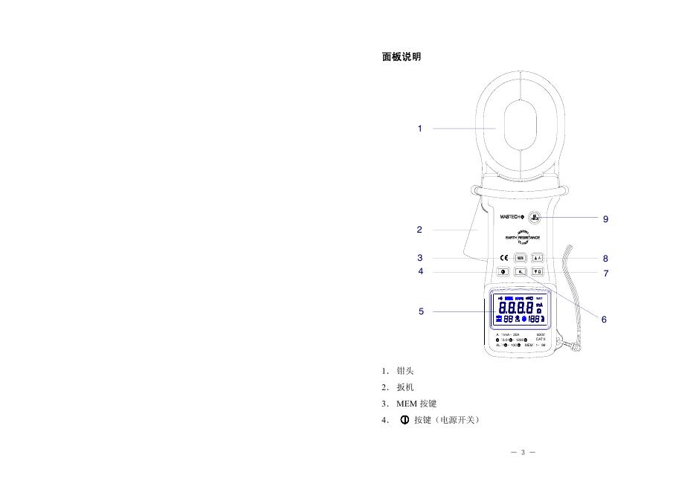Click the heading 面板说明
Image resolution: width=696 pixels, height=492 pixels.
402,56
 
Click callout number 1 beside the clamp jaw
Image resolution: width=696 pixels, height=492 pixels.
419,129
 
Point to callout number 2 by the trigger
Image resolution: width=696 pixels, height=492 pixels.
419,230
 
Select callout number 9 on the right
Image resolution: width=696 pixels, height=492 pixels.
606,219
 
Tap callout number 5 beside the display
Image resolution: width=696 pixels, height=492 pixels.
421,311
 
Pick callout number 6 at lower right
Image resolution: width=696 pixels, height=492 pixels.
604,320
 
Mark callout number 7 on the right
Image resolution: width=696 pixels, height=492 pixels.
606,273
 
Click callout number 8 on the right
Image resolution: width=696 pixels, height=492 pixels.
606,259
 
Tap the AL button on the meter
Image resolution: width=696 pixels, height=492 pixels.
521,272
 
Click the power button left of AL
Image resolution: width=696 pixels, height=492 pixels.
503,272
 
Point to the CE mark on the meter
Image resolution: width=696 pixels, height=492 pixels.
503,258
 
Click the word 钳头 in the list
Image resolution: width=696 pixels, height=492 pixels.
405,371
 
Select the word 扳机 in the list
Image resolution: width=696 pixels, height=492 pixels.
405,387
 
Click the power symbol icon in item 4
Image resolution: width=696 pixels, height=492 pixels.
405,420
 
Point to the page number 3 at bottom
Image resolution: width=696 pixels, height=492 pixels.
523,453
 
